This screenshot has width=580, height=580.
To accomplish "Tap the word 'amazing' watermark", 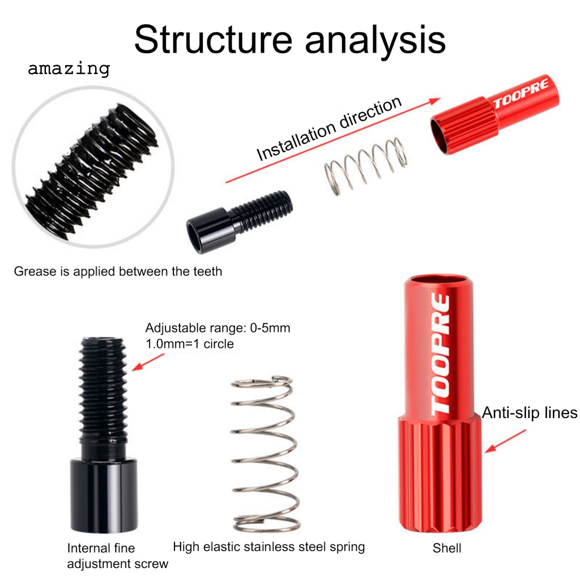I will [69, 69].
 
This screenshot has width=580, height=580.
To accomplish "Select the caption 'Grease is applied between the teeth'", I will [118, 271].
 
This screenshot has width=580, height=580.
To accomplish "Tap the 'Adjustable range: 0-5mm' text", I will [217, 329].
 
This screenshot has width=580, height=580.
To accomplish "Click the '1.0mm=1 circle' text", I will [189, 344].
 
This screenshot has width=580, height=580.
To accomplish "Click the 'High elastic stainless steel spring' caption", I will [269, 547].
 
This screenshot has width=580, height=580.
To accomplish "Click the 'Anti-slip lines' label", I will [530, 412].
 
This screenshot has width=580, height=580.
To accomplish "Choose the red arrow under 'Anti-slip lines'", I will [507, 440].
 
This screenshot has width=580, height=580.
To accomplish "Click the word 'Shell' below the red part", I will [447, 548].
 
